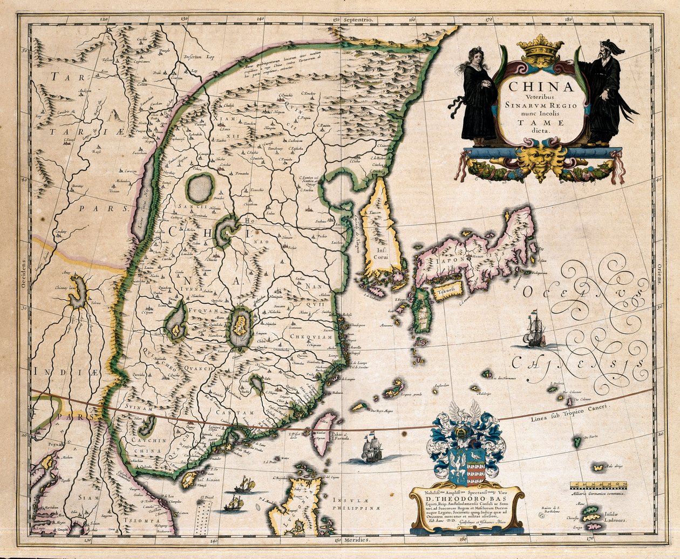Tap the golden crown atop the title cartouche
point(540,51)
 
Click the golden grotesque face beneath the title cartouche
point(540,156)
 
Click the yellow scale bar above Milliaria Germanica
point(598,485)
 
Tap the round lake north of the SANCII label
point(200,188)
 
